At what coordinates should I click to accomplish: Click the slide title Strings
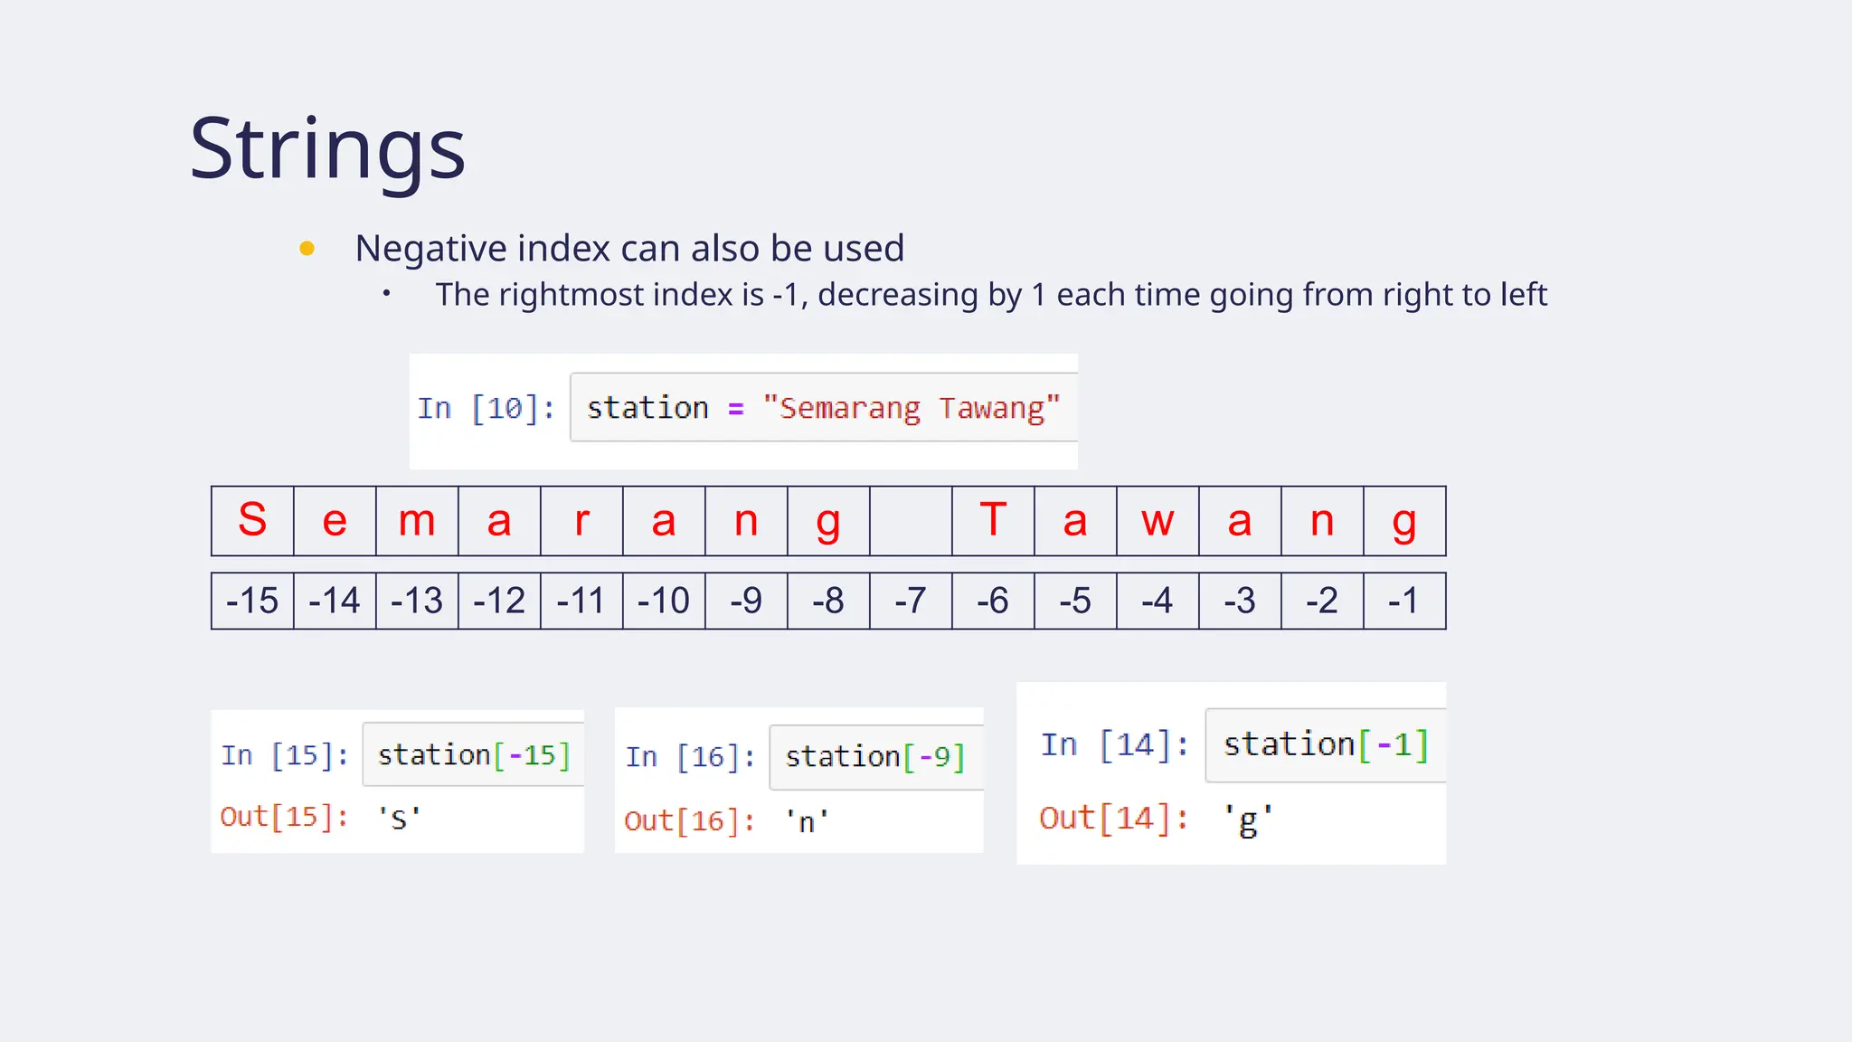point(327,148)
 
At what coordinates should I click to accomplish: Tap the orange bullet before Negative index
point(307,248)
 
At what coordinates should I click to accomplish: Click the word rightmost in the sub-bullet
point(572,295)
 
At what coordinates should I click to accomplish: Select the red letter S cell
point(252,521)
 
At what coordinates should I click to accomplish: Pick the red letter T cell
point(993,521)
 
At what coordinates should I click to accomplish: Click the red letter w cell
point(1157,521)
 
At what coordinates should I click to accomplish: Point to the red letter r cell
point(581,521)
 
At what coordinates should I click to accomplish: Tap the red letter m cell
point(417,521)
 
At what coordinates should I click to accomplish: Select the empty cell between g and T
point(911,521)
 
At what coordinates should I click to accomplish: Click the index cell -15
point(252,601)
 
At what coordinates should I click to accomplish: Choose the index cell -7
point(911,601)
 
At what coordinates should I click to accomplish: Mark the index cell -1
point(1404,601)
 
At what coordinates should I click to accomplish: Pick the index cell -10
point(664,601)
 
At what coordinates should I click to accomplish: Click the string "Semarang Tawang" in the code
point(911,408)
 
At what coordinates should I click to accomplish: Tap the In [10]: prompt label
point(487,408)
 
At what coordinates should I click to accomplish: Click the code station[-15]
point(474,754)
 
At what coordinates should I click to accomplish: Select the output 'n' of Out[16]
point(806,821)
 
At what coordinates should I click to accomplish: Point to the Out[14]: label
point(1113,818)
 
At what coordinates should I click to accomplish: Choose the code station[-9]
point(874,756)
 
